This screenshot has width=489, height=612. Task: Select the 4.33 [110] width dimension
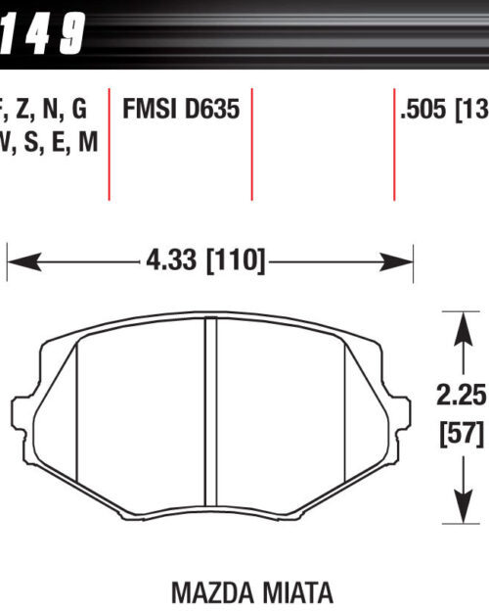[205, 261]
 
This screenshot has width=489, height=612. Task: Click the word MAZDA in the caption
[209, 592]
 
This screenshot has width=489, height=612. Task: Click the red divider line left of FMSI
[109, 147]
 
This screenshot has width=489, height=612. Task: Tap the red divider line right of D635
[251, 147]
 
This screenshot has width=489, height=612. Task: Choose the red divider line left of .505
[393, 147]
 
